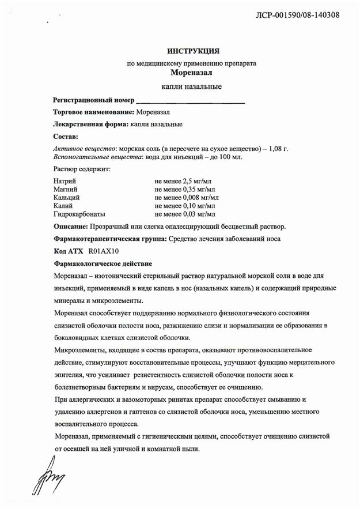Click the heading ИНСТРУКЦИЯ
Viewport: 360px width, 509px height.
pos(194,51)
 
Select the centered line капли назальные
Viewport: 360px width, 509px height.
pos(193,86)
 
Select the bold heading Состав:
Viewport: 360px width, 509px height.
pos(65,137)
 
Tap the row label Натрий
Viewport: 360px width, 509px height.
pos(64,181)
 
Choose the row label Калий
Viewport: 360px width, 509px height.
pos(63,205)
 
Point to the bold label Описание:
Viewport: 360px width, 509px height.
pos(73,227)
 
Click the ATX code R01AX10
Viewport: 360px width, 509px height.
pos(104,251)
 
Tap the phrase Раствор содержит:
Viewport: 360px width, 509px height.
pos(81,169)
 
